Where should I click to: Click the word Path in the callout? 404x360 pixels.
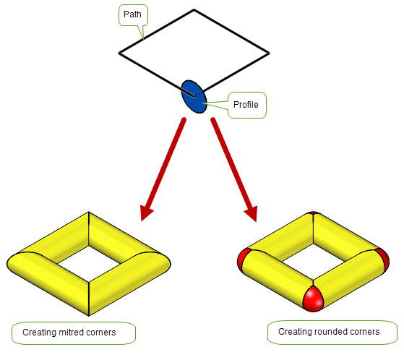[132, 14]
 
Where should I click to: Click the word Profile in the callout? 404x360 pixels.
[246, 105]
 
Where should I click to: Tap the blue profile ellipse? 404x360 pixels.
[194, 97]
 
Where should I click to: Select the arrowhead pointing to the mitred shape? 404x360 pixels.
[146, 213]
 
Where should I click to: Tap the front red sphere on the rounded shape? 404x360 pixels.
[313, 299]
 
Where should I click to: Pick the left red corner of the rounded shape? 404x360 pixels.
[243, 260]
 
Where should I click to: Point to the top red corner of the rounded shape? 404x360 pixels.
[313, 213]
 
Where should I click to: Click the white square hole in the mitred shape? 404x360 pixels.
[89, 264]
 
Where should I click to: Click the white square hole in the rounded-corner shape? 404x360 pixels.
[314, 262]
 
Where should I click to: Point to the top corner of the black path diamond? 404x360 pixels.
[194, 10]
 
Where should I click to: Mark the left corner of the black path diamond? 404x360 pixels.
[119, 53]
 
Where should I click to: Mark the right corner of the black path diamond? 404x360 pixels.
[270, 53]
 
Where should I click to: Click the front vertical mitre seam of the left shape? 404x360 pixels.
[89, 299]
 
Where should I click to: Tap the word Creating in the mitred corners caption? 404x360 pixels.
[40, 333]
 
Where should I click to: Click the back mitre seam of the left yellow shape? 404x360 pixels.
[89, 229]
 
